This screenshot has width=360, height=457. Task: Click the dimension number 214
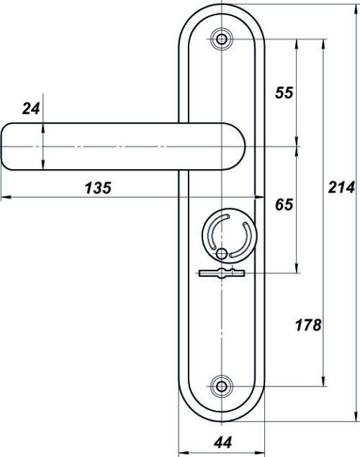pyautogui.click(x=341, y=187)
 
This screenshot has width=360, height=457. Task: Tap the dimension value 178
pyautogui.click(x=308, y=325)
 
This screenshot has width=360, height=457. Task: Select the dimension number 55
pyautogui.click(x=284, y=93)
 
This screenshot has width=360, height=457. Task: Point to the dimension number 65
pyautogui.click(x=284, y=204)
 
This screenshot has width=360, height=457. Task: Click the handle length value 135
pyautogui.click(x=98, y=188)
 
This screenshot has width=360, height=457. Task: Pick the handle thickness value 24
pyautogui.click(x=31, y=109)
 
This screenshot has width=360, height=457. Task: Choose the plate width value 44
pyautogui.click(x=223, y=443)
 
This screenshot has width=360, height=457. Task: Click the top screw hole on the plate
pyautogui.click(x=222, y=39)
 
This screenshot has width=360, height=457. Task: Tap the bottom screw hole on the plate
pyautogui.click(x=222, y=386)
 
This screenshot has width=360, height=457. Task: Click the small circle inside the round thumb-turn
pyautogui.click(x=222, y=253)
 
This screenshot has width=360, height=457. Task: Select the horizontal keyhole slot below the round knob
pyautogui.click(x=222, y=273)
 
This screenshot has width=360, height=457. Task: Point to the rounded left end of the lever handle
pyautogui.click(x=6, y=146)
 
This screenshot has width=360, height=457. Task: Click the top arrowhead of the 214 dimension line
pyautogui.click(x=356, y=9)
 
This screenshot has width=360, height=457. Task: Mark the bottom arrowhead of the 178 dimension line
pyautogui.click(x=323, y=381)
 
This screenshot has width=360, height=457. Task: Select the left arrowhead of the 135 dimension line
pyautogui.click(x=6, y=197)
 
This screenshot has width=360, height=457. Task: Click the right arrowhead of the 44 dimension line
pyautogui.click(x=259, y=453)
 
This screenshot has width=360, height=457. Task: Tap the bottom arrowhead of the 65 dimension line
pyautogui.click(x=297, y=268)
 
